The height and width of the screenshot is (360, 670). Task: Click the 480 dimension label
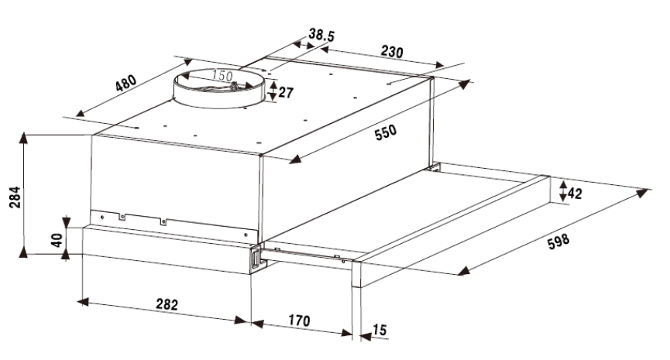click(126, 83)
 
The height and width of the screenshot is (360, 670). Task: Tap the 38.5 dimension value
click(321, 35)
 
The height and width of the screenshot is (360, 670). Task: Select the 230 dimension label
click(392, 52)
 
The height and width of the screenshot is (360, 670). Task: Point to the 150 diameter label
click(222, 76)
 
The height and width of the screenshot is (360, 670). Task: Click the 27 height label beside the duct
click(286, 92)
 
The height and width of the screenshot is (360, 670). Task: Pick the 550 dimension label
click(386, 132)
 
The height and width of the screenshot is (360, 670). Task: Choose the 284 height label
click(15, 197)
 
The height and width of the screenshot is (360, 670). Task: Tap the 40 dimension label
click(57, 241)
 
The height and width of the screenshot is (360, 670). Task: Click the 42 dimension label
click(575, 194)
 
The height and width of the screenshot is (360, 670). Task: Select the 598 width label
click(558, 242)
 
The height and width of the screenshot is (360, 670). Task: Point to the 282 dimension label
click(167, 304)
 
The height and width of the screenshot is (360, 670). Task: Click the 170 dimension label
click(299, 320)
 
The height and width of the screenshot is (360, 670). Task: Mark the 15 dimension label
click(380, 330)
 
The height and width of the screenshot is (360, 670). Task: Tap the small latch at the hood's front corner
click(256, 259)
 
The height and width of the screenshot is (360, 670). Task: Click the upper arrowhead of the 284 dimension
click(23, 139)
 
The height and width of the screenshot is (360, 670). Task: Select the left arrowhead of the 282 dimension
click(83, 302)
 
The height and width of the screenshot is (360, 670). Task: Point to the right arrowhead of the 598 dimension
click(642, 193)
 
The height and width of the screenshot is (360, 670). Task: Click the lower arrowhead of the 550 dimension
click(295, 159)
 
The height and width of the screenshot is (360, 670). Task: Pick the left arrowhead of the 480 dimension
click(80, 113)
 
